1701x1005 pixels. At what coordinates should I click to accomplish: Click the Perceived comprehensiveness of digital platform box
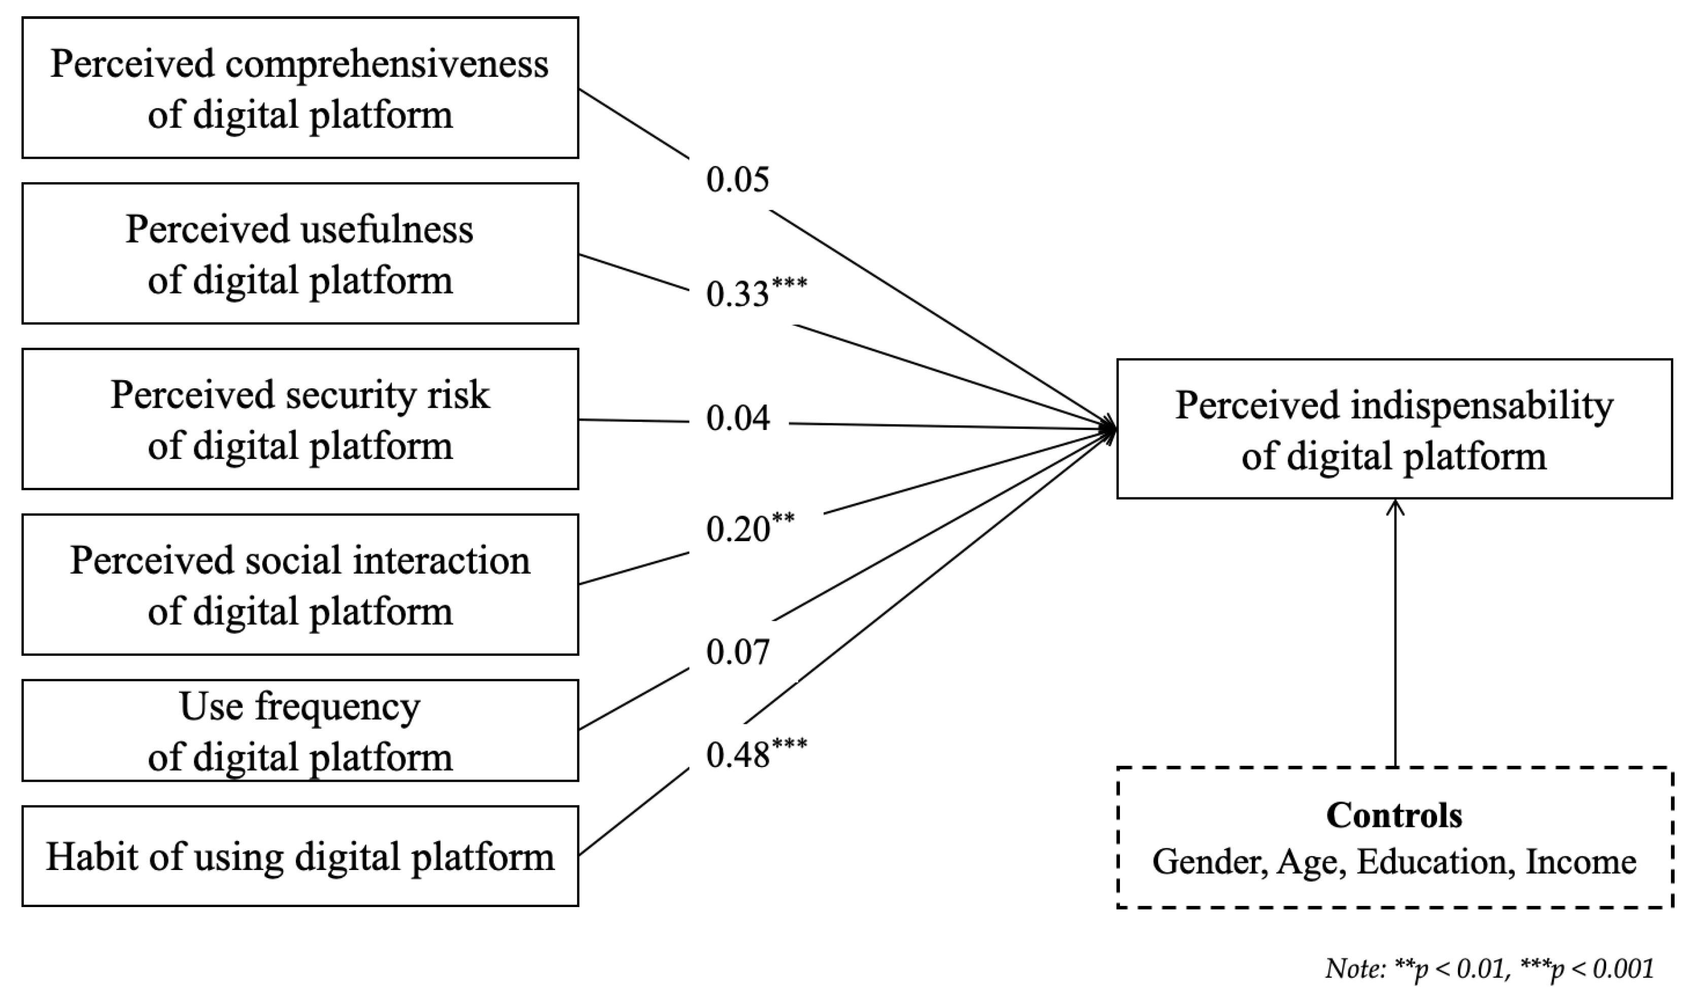(300, 88)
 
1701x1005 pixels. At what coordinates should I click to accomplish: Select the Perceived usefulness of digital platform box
(300, 253)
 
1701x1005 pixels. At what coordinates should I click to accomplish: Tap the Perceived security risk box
(300, 419)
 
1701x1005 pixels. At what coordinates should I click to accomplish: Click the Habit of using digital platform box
(300, 856)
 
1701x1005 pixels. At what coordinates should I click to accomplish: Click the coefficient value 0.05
(737, 180)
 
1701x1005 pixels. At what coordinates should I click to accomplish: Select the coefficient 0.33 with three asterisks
(755, 293)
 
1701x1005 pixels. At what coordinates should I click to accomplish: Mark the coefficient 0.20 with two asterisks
(750, 528)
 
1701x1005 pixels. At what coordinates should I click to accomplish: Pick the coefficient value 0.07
(737, 652)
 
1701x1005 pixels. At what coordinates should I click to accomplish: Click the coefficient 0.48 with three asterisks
(755, 754)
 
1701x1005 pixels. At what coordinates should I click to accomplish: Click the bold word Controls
(1393, 815)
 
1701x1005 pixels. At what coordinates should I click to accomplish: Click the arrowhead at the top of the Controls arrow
(1395, 507)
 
